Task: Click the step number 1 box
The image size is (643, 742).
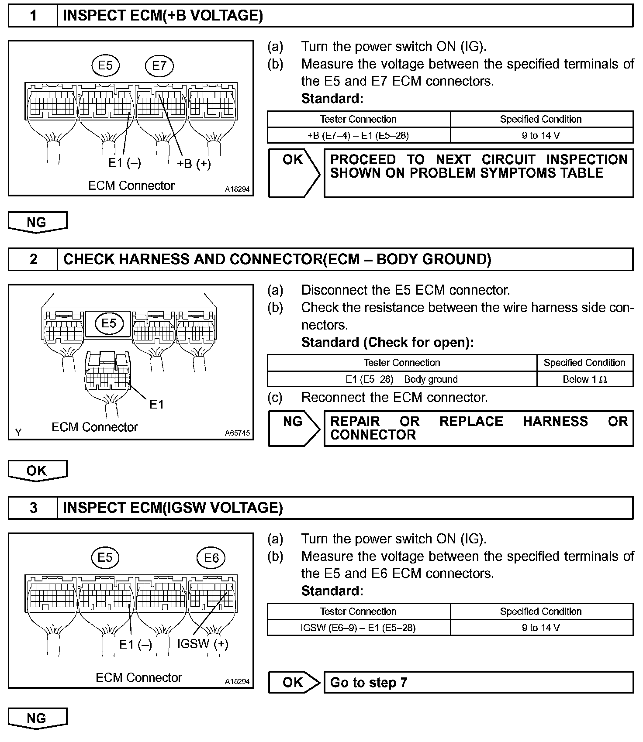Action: point(33,16)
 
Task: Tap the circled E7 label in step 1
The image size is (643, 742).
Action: point(159,65)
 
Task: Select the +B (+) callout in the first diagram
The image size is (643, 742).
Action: point(194,164)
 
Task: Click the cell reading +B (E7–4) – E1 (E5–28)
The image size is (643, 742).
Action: point(358,135)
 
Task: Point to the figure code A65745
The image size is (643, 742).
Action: point(238,433)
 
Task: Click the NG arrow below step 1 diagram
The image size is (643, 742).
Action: point(37,222)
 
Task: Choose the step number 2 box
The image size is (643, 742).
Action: point(33,260)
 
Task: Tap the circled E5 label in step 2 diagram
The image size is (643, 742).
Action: point(109,323)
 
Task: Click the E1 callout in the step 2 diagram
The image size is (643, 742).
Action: point(156,405)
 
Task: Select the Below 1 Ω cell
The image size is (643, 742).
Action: point(584,379)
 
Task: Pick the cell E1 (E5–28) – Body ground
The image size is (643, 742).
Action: point(401,379)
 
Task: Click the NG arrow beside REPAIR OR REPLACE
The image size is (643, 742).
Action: point(294,428)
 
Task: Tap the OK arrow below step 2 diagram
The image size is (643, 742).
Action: point(37,471)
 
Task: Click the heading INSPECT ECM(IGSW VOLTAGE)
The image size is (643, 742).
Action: point(173,508)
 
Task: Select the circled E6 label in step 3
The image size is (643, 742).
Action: point(211,558)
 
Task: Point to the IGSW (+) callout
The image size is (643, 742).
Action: point(203,644)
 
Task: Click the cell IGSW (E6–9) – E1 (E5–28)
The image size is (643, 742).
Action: point(358,628)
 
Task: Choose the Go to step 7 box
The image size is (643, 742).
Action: point(478,682)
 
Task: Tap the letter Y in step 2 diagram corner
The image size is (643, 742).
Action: point(18,433)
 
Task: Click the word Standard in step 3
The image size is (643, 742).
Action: point(332,591)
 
